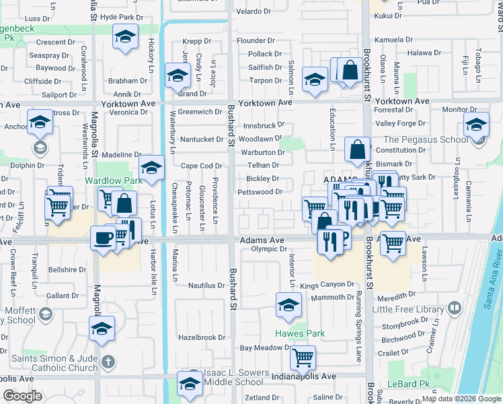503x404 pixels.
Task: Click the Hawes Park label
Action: [300, 333]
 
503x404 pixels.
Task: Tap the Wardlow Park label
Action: [104, 181]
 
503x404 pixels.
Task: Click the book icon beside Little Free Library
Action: [454, 308]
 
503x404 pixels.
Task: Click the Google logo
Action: [22, 396]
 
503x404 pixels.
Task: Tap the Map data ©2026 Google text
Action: [461, 399]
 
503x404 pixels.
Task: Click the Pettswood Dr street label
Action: [260, 192]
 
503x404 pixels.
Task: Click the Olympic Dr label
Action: [270, 248]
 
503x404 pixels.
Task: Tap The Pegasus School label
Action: [426, 140]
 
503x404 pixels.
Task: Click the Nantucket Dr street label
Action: [202, 139]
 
